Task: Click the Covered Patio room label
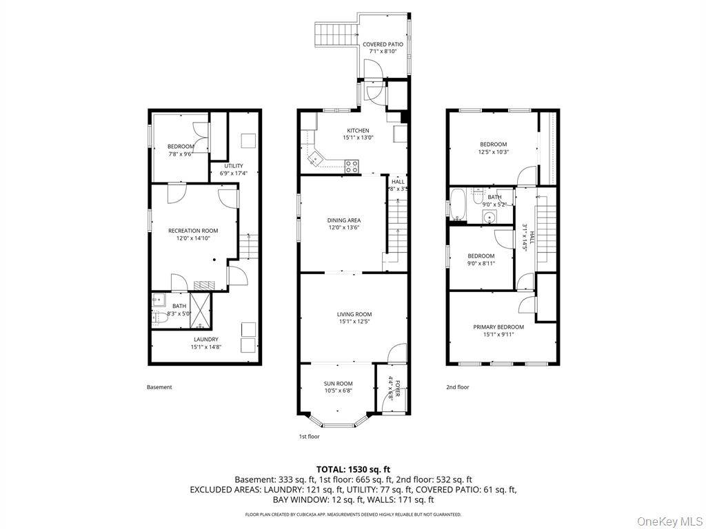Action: (x=383, y=44)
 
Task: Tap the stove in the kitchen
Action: (x=352, y=165)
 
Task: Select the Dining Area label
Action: (x=343, y=220)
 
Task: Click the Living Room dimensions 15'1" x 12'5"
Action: (x=354, y=322)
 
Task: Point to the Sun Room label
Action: (x=339, y=384)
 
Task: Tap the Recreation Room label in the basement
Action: (x=193, y=231)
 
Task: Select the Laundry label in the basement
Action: (x=205, y=339)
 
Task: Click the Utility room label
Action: (x=233, y=166)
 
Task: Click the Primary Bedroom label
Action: (x=498, y=327)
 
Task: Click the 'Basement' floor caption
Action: (x=159, y=387)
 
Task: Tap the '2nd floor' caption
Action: (x=457, y=387)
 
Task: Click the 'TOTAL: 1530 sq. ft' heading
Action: (x=353, y=469)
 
